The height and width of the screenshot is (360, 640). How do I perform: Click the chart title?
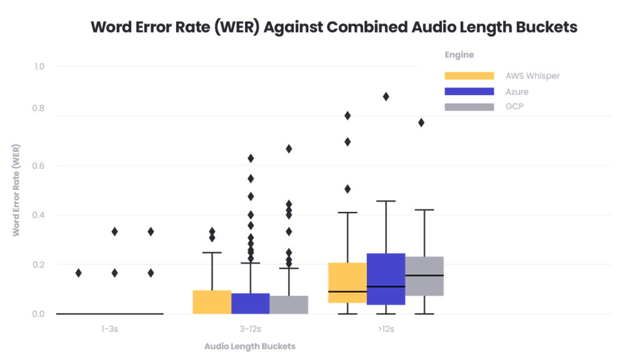334,27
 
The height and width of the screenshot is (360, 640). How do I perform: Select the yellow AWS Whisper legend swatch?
469,76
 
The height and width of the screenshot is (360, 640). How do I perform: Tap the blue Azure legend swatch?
469,91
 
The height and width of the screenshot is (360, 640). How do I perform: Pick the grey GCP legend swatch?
469,107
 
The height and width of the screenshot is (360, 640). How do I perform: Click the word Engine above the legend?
459,55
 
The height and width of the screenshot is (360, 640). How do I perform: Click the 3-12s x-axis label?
250,329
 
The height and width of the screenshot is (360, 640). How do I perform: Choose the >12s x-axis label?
385,329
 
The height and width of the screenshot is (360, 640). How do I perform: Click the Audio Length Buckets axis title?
250,346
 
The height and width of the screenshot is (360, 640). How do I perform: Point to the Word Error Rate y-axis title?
17,190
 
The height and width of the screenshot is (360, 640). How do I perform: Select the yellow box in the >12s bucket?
347,282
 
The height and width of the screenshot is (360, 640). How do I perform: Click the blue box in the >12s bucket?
386,279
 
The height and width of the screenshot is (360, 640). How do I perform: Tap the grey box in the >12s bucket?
424,276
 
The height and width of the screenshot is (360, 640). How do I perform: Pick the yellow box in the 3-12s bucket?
212,302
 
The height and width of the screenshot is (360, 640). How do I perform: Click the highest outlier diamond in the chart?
386,96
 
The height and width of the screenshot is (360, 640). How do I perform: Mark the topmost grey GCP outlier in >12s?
421,122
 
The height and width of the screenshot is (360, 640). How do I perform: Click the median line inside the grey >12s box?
424,275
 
